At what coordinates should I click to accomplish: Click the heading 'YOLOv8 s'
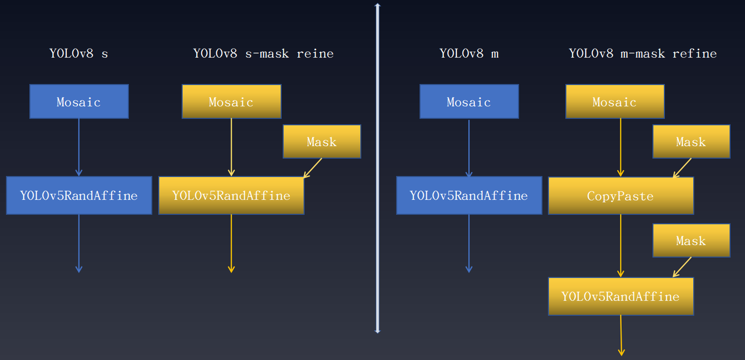[x=79, y=53]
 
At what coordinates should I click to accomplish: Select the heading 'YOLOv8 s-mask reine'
[x=263, y=53]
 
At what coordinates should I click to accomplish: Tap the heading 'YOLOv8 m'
[x=469, y=53]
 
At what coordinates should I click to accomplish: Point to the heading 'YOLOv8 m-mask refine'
[x=643, y=53]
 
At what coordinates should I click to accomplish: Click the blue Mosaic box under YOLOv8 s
[x=79, y=102]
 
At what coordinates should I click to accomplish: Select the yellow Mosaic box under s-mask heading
[x=231, y=102]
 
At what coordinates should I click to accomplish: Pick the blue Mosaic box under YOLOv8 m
[x=469, y=102]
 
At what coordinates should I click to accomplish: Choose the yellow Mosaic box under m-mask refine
[x=615, y=102]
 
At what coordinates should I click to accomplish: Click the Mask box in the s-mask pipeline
[x=321, y=142]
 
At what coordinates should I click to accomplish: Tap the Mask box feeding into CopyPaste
[x=691, y=142]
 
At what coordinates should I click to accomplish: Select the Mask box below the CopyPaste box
[x=691, y=241]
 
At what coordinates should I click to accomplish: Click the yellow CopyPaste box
[x=620, y=196]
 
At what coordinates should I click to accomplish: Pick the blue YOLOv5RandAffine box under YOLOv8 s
[x=79, y=196]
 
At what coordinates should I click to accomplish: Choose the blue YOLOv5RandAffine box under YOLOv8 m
[x=469, y=196]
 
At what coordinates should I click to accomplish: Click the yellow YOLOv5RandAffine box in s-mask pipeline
[x=231, y=196]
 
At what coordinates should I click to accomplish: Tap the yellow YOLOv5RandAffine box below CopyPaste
[x=620, y=296]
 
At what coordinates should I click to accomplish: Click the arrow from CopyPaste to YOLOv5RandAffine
[x=621, y=245]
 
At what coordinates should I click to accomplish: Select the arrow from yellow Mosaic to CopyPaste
[x=621, y=147]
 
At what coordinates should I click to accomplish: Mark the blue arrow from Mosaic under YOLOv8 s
[x=79, y=147]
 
